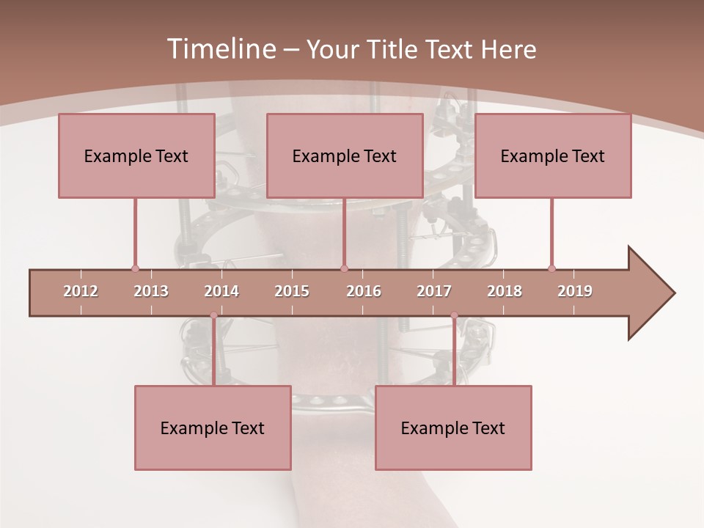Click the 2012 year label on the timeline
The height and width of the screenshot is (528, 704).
[x=81, y=291]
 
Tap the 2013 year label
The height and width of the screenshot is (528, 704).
[x=151, y=291]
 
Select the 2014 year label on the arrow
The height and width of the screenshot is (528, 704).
[x=221, y=291]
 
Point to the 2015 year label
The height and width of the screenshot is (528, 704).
[x=292, y=291]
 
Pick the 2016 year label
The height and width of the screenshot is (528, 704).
[x=364, y=291]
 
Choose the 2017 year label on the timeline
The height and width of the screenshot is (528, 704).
[x=434, y=291]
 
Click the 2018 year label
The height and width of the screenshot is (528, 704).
[x=505, y=291]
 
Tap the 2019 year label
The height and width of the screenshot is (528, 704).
[x=575, y=291]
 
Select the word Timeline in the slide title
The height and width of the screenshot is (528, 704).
[x=220, y=49]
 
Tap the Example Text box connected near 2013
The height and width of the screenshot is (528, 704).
[x=136, y=155]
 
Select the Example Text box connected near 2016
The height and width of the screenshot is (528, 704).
[x=345, y=155]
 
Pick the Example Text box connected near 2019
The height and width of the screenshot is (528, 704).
[x=553, y=155]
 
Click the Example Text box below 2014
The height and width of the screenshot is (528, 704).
[x=213, y=428]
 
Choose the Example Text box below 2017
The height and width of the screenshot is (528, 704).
[x=453, y=428]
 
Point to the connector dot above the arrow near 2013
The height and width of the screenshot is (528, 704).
[x=135, y=268]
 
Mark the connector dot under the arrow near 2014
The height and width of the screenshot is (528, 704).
[x=213, y=315]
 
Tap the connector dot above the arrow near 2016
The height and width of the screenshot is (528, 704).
[x=344, y=268]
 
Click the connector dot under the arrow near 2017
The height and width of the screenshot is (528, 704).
[x=454, y=315]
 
